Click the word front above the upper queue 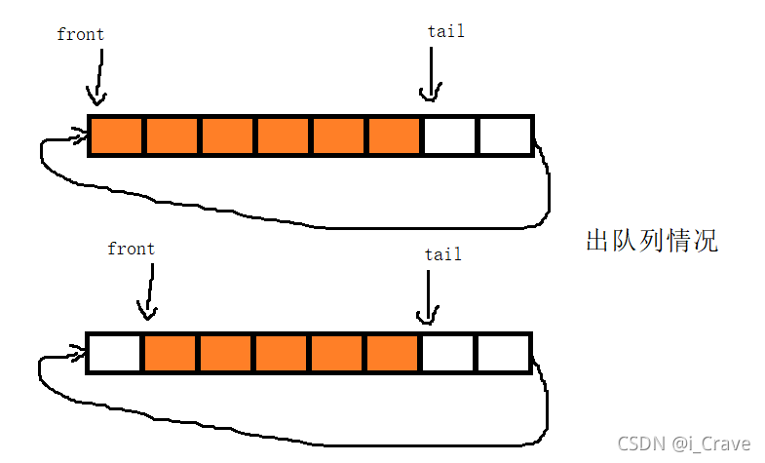pos(81,34)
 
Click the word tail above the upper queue pos(446,31)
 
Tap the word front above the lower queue pos(132,249)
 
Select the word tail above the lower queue pos(443,254)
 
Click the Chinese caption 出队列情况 pos(652,240)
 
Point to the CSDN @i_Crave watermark pos(683,444)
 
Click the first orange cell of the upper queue pos(116,135)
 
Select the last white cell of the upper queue pos(506,135)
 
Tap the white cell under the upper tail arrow pos(450,135)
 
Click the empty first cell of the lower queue pos(114,353)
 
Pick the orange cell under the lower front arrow pos(170,353)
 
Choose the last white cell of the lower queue pos(504,353)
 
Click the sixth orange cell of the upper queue pos(395,135)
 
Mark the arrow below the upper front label pos(99,77)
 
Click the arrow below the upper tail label pos(431,74)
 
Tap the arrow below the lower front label pos(149,291)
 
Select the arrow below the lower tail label pos(428,297)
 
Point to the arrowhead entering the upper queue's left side pos(80,135)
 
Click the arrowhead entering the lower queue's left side pos(78,352)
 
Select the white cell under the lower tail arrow pos(448,353)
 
